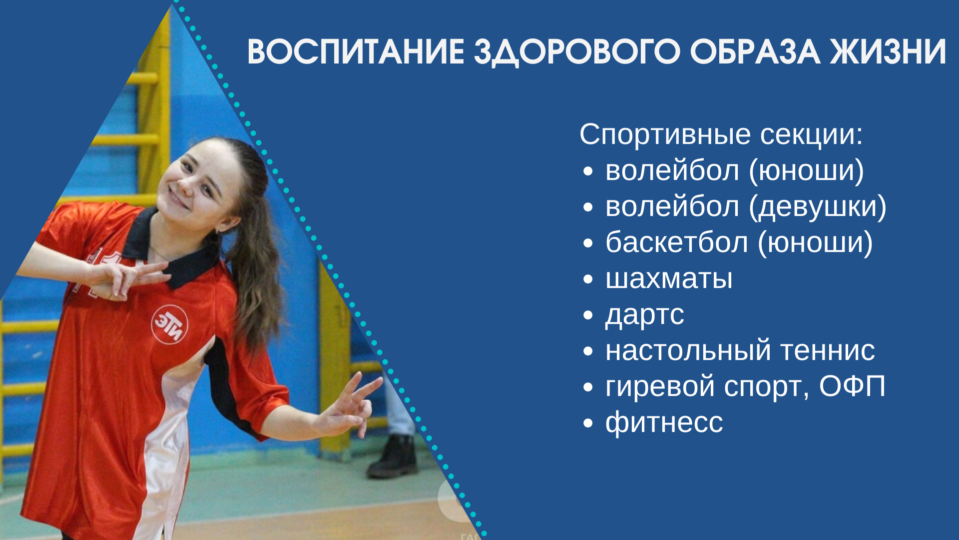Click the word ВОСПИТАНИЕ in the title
pyautogui.click(x=356, y=51)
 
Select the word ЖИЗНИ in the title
pyautogui.click(x=888, y=51)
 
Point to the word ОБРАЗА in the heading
pyautogui.click(x=755, y=51)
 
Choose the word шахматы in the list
pyautogui.click(x=669, y=278)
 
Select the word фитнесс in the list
pyautogui.click(x=664, y=423)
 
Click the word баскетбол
pyautogui.click(x=677, y=242)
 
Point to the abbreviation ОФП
pyautogui.click(x=852, y=386)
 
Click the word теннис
pyautogui.click(x=828, y=350)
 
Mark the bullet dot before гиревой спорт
pyautogui.click(x=588, y=387)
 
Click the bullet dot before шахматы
pyautogui.click(x=588, y=279)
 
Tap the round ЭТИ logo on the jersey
pyautogui.click(x=169, y=324)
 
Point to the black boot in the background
pyautogui.click(x=393, y=456)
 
